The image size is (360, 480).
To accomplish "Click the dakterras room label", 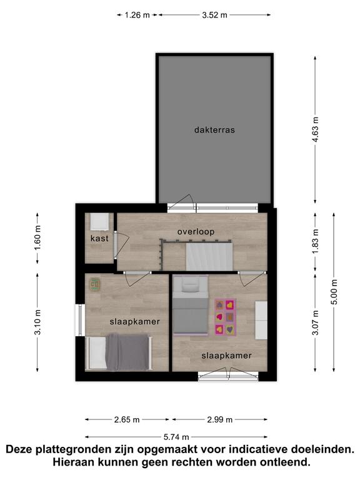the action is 214,130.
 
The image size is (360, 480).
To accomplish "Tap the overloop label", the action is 196,232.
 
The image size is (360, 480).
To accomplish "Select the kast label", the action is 99,238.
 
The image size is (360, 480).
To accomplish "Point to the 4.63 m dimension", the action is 316,129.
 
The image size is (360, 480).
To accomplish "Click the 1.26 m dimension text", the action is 137,15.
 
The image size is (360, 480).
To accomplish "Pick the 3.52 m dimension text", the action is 214,15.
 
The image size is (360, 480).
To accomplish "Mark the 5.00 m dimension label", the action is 334,292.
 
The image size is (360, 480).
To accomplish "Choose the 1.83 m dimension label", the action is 316,241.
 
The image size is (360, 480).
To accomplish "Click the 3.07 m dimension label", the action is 316,322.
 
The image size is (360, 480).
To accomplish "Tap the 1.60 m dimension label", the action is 37,238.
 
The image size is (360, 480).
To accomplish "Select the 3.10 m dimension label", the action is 37,322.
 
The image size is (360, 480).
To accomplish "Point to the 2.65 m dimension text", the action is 127,420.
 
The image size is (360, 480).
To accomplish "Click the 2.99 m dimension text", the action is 220,420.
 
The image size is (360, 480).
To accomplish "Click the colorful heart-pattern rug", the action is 225,317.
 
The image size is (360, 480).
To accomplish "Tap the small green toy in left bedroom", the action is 95,285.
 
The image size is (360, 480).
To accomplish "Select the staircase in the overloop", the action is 209,256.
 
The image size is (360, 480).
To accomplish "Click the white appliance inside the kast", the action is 99,222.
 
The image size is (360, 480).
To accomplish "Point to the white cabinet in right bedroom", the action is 261,320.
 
